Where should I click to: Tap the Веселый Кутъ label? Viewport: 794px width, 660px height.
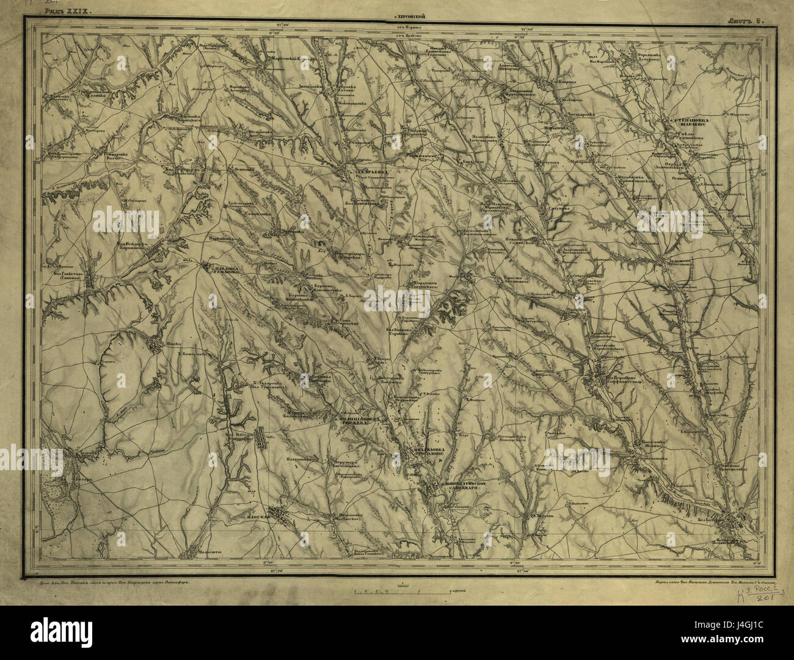(x=510, y=437)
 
